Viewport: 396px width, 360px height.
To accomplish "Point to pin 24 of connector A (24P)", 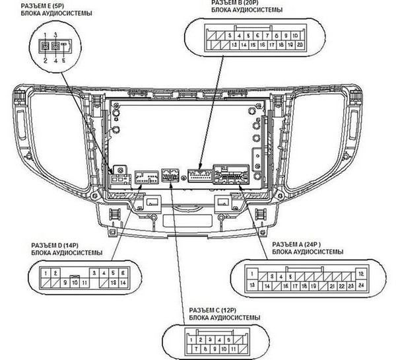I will click(361, 285).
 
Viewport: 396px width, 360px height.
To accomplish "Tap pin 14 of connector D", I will click(123, 283).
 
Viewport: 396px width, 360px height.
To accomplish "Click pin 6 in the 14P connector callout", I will click(123, 272).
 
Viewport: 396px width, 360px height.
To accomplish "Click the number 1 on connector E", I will click(45, 33).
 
